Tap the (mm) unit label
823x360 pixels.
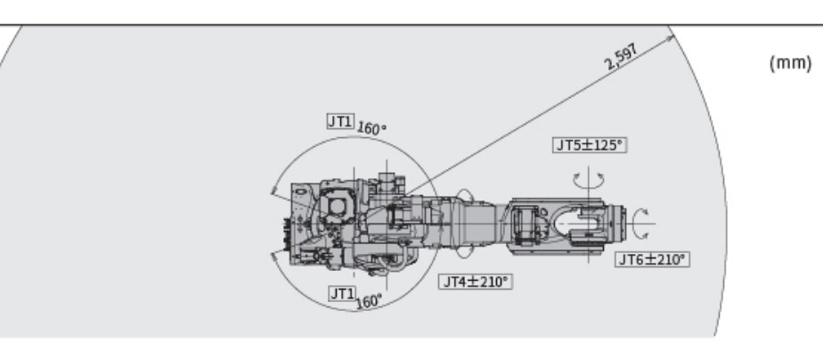point(789,64)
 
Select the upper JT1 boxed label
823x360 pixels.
point(339,122)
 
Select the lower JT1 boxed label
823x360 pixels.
point(342,292)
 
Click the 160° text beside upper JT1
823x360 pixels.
point(371,127)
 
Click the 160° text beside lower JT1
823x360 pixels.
point(369,300)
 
